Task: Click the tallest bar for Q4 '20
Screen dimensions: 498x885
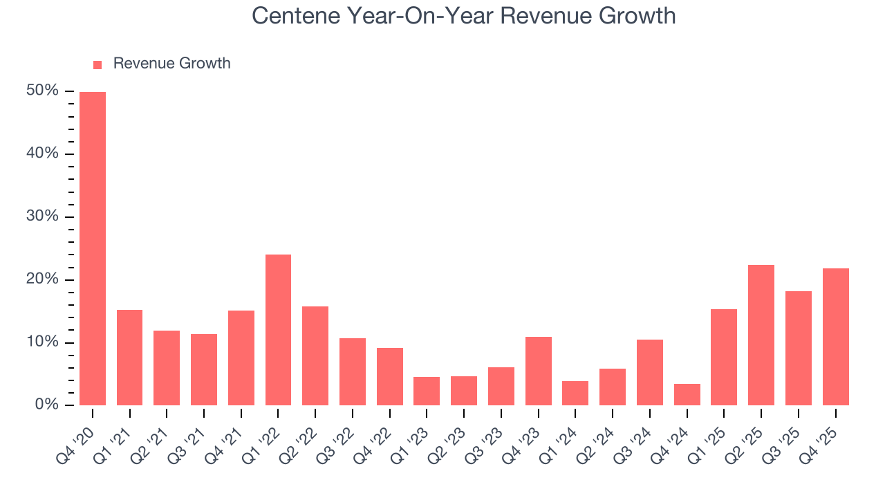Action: click(x=93, y=248)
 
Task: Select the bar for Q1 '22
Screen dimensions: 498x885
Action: click(x=278, y=330)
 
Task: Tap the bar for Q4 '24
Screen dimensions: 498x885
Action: click(x=687, y=394)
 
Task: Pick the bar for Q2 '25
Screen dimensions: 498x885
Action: click(x=761, y=335)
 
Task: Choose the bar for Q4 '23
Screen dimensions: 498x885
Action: click(x=538, y=371)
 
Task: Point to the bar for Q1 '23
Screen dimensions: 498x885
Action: click(x=427, y=391)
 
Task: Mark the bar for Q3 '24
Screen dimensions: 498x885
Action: click(x=650, y=372)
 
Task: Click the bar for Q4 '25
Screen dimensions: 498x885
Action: click(x=835, y=337)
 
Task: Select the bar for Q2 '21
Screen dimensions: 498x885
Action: click(x=167, y=368)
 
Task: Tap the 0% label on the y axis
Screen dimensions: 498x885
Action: click(x=48, y=405)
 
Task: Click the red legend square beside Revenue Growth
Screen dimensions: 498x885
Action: click(x=97, y=64)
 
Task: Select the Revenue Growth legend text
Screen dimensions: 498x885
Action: click(x=171, y=64)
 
